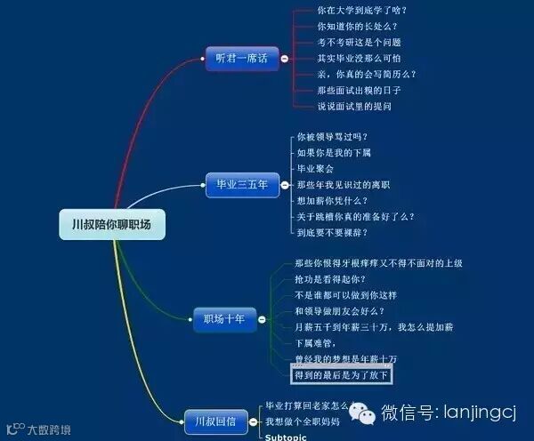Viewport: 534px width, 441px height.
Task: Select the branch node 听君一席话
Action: point(241,58)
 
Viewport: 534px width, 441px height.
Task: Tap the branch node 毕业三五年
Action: point(241,186)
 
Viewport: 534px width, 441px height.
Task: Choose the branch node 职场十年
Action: point(223,318)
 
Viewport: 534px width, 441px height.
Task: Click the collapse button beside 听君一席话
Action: point(284,58)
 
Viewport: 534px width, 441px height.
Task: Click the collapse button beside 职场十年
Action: point(263,318)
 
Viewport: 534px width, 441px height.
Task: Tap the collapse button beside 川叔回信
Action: point(255,421)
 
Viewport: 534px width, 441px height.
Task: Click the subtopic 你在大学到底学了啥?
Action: point(361,11)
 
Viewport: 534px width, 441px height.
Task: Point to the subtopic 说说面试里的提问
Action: point(354,107)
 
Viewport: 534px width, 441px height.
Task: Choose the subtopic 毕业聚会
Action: point(315,168)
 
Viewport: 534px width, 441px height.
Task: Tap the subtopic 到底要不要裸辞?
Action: point(332,232)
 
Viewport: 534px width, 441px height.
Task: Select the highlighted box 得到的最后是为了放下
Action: point(342,376)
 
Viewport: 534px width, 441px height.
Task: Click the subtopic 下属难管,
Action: point(316,343)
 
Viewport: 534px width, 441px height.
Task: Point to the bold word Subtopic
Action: point(286,437)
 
